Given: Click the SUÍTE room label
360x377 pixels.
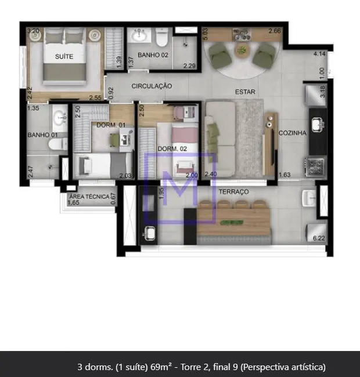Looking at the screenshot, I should (64, 56).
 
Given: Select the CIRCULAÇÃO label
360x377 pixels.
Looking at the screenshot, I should (152, 86).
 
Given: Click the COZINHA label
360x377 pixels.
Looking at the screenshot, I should (292, 133).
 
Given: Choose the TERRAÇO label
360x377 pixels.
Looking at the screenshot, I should (233, 191).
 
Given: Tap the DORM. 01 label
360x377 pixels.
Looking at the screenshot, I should (110, 125).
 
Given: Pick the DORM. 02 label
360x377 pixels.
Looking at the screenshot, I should (172, 148).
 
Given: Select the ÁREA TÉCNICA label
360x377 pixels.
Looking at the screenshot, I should (89, 197).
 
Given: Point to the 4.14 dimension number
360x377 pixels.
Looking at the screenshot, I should (319, 54).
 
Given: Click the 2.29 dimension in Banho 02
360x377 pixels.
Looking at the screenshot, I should (189, 66).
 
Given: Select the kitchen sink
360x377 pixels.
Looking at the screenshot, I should (317, 123).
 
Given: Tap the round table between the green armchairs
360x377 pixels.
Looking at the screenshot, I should (241, 51).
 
